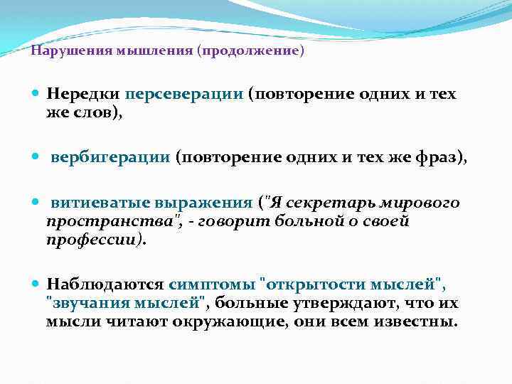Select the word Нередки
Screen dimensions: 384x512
[83, 95]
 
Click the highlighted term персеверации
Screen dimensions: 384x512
[185, 95]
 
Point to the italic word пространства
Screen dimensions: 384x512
[92, 221]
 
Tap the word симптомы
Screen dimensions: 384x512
[215, 284]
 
